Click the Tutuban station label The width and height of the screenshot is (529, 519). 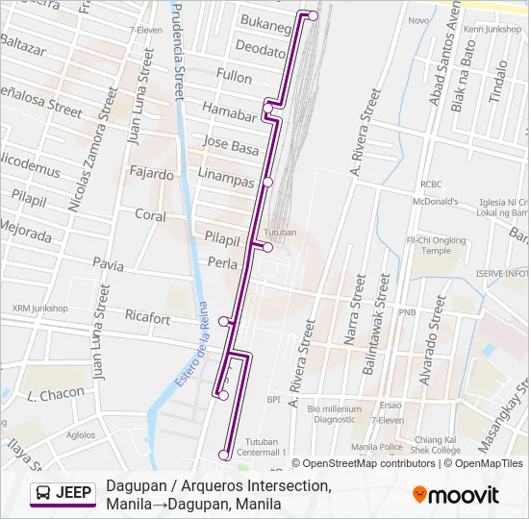[x=281, y=233]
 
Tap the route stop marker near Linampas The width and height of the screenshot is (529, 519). [x=268, y=182]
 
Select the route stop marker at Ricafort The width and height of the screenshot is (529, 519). [x=224, y=321]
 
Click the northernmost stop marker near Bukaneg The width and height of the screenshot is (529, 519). [x=313, y=15]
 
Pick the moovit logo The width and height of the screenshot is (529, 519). [x=456, y=495]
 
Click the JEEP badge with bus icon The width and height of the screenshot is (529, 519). [x=63, y=494]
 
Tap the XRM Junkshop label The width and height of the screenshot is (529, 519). [x=40, y=309]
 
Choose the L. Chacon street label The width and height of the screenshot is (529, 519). [x=56, y=394]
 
